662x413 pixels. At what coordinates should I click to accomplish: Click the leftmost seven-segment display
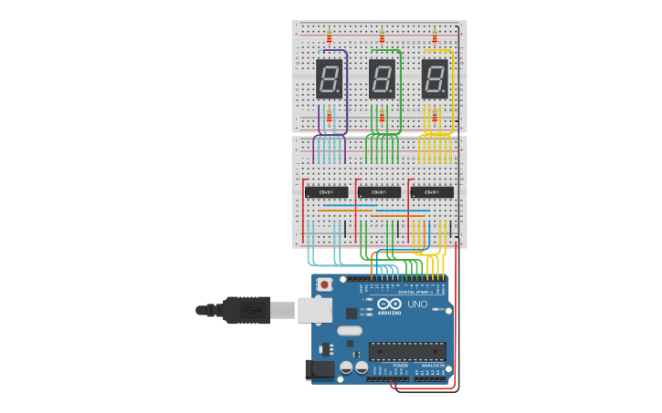tap(329, 79)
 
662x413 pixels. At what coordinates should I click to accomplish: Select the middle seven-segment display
tap(382, 79)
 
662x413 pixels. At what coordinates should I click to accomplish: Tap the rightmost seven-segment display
tap(435, 79)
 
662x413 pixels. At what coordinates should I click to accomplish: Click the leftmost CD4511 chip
tap(327, 192)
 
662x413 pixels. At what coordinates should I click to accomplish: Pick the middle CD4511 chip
tap(380, 192)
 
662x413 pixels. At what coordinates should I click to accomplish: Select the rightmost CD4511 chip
tap(432, 192)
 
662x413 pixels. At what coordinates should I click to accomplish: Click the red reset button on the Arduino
tap(324, 284)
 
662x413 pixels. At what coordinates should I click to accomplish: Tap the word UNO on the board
tap(417, 304)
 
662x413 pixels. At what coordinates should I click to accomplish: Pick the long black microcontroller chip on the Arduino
tap(407, 351)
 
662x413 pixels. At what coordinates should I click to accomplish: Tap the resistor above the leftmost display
tap(329, 36)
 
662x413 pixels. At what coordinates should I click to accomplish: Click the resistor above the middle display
tap(382, 36)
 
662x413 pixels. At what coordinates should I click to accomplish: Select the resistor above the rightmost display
tap(435, 36)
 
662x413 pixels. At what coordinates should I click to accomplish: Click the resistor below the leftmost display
tap(329, 116)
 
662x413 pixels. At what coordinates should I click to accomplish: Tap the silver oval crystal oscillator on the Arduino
tap(349, 330)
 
